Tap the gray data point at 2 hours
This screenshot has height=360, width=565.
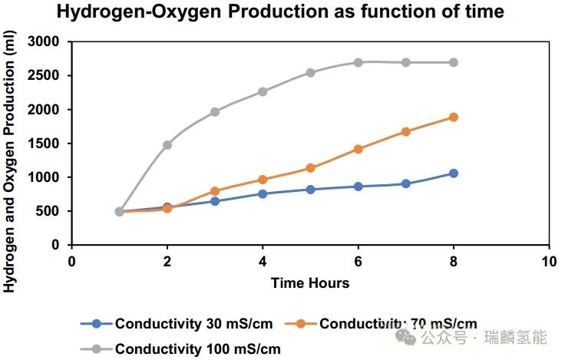(x=167, y=144)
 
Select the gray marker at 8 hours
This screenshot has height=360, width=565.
(x=453, y=62)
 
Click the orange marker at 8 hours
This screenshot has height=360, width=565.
(x=453, y=117)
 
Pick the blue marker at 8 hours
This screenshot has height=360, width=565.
(x=453, y=173)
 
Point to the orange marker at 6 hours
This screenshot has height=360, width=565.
(x=358, y=149)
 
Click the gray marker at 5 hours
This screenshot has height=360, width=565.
(x=310, y=73)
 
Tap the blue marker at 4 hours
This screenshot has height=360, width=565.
(x=263, y=193)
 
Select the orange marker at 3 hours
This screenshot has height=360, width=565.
(x=215, y=191)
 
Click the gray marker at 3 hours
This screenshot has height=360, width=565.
(x=215, y=112)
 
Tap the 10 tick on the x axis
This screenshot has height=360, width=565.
(x=548, y=260)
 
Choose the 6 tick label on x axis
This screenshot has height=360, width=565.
(x=358, y=260)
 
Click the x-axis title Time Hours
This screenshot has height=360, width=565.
(x=309, y=283)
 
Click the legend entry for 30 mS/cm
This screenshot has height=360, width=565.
(x=185, y=323)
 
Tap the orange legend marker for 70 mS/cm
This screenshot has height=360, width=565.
(x=302, y=323)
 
